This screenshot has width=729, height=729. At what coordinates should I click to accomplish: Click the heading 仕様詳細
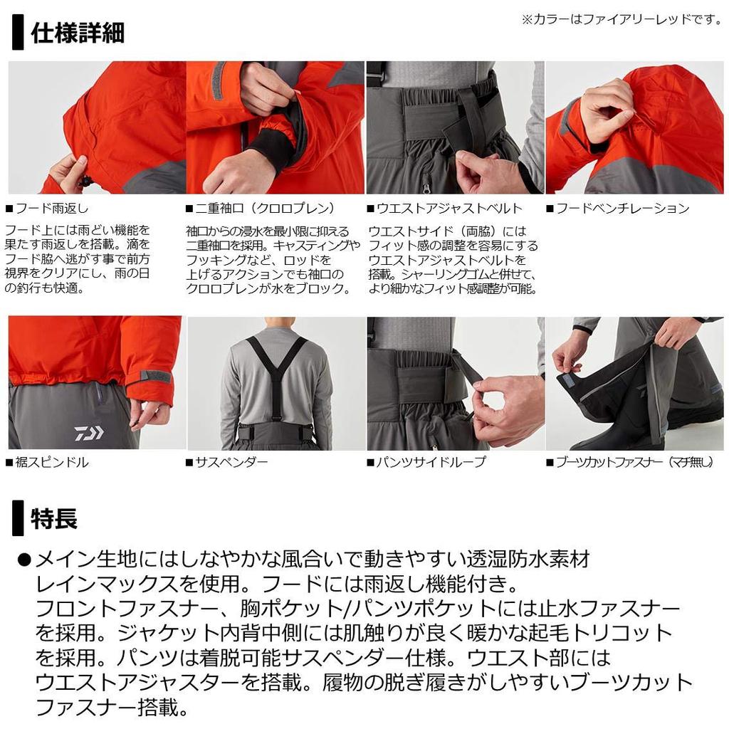(78, 33)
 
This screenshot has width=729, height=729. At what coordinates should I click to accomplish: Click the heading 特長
(54, 518)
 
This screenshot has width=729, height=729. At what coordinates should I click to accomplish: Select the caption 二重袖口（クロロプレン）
(261, 209)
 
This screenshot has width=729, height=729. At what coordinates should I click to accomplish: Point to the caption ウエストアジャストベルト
(444, 209)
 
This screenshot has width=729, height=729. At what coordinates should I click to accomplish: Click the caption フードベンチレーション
(617, 209)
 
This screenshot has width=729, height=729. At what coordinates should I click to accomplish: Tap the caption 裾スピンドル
(47, 462)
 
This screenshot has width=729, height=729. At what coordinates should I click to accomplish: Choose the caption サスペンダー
(227, 462)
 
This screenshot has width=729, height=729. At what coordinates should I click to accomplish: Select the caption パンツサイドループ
(426, 462)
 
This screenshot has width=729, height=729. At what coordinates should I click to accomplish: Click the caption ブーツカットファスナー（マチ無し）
(630, 462)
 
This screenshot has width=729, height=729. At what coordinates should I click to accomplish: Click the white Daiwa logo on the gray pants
(89, 433)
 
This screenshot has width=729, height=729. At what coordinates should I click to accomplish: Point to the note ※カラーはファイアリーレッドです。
(622, 19)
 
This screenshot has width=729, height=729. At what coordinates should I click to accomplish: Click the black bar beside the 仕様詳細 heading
(18, 32)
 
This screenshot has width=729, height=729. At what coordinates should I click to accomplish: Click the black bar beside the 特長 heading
(18, 518)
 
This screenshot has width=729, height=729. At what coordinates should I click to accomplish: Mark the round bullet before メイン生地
(24, 560)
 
